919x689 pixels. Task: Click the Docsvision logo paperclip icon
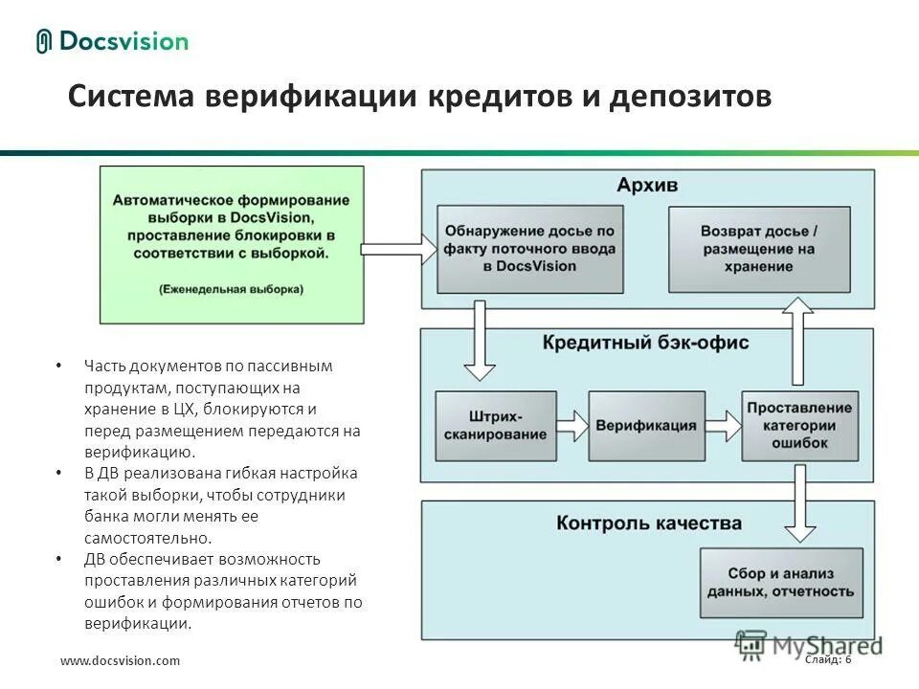[x=44, y=41]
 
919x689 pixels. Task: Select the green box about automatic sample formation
[x=232, y=244]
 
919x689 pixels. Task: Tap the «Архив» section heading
[x=647, y=186]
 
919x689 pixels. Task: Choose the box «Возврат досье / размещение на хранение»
[x=758, y=249]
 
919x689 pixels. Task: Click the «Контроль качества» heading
[x=648, y=523]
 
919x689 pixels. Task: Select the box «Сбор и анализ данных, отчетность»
[x=779, y=582]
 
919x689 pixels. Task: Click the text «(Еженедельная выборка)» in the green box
[x=231, y=288]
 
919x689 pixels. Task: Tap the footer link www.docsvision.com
[x=120, y=661]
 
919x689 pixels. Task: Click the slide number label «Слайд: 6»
[x=828, y=659]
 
